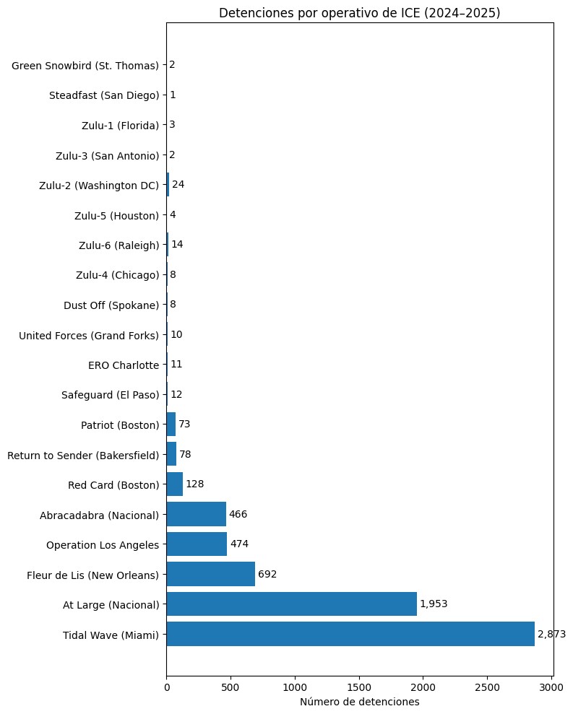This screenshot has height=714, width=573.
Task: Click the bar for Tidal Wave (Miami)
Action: click(350, 634)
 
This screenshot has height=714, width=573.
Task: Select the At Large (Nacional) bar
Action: click(292, 604)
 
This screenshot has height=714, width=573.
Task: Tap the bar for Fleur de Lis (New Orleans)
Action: click(210, 574)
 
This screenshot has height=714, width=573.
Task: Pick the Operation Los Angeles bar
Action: click(197, 544)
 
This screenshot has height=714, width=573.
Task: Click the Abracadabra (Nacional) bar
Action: click(197, 514)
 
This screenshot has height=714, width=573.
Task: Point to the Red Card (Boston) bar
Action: click(175, 484)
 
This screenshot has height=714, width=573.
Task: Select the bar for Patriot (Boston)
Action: click(171, 425)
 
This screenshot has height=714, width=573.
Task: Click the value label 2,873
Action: click(551, 634)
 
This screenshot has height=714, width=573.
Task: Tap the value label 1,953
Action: click(434, 604)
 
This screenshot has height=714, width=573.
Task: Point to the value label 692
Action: click(267, 574)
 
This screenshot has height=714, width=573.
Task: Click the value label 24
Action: click(178, 184)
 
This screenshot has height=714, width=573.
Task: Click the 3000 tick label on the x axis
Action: click(551, 687)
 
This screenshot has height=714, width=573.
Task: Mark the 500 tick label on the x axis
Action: click(231, 687)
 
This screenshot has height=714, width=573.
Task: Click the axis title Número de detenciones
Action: click(360, 702)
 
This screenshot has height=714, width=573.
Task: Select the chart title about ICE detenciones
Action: click(360, 13)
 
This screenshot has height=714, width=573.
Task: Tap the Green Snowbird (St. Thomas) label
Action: click(85, 66)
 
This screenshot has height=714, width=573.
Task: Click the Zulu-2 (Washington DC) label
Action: click(99, 186)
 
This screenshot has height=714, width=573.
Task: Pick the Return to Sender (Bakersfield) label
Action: click(83, 456)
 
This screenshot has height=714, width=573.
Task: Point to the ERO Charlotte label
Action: click(124, 365)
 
